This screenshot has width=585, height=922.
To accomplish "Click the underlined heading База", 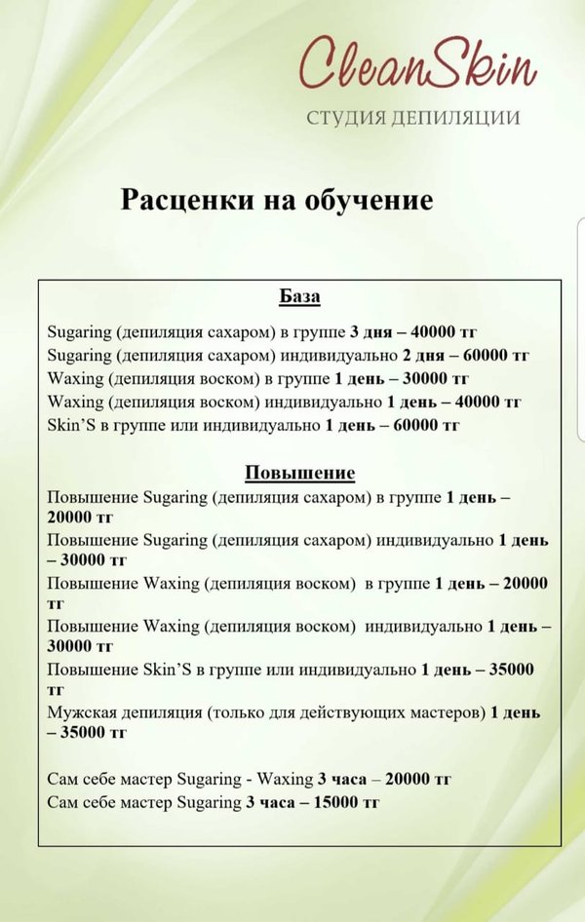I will pos(299,296).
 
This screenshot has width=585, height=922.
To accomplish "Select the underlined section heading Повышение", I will pos(299,473).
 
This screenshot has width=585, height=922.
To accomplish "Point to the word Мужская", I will pos(77,712).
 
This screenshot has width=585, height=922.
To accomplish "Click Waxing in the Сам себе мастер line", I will pos(284,779).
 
